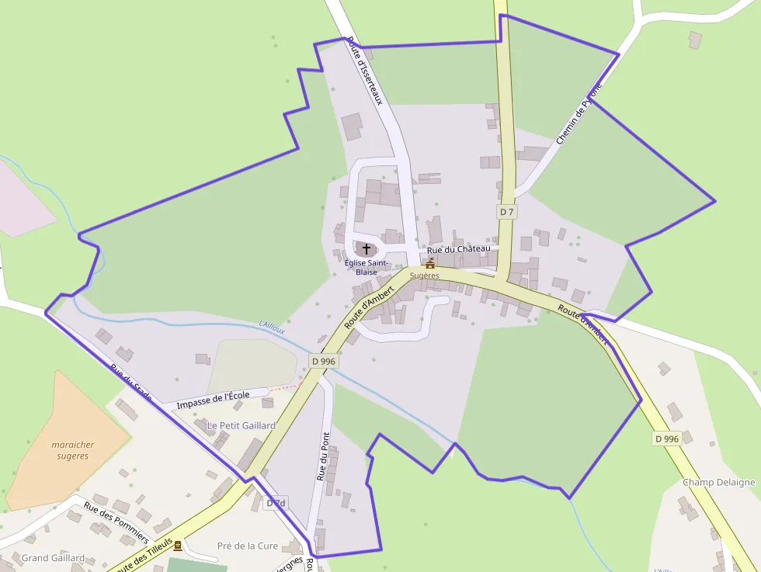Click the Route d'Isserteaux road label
point(366,71)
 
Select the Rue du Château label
point(459,249)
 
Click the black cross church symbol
point(367,248)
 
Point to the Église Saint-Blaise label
point(367,268)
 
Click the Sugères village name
point(425,276)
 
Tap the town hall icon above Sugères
point(429,264)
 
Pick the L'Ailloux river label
point(272,328)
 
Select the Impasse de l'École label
point(213,400)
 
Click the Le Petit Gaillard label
point(241,425)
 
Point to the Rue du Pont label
point(323,456)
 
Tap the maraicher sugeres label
point(73,450)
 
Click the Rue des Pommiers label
point(116,522)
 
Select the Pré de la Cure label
point(248,546)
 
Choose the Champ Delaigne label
point(718,482)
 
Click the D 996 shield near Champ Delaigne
point(666,439)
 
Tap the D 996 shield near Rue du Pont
point(323,361)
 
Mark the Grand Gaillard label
point(53,558)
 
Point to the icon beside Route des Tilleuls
point(178,546)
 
